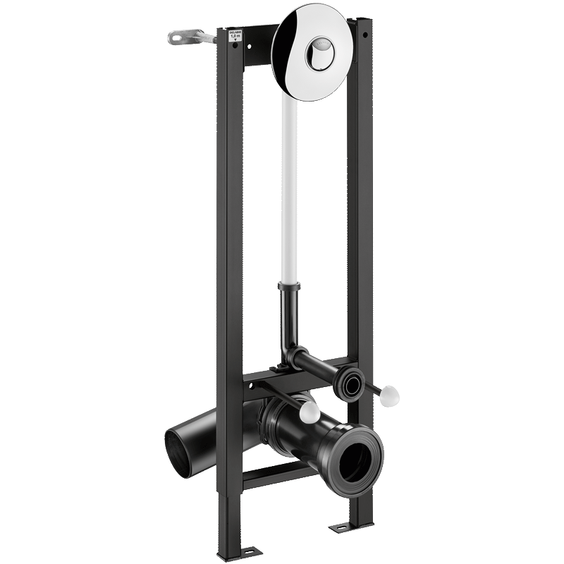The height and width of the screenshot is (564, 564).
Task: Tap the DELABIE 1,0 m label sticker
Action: click(235, 36)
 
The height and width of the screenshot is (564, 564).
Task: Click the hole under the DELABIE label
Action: click(235, 46)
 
